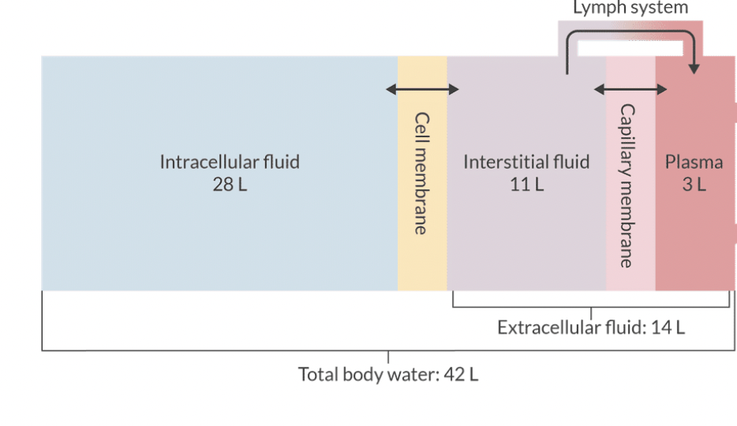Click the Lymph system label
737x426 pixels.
coord(630,9)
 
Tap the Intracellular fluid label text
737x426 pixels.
coord(230,163)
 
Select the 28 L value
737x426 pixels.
coord(230,186)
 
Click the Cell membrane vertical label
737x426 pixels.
coord(422,173)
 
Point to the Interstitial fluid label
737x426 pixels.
coord(526,163)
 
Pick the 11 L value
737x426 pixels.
coord(526,186)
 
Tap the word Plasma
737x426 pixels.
coord(694,163)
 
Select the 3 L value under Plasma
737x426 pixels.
coord(694,186)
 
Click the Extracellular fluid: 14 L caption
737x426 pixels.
coord(591,327)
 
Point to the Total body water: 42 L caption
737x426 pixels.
coord(387,374)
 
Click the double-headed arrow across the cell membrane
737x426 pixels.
coord(422,89)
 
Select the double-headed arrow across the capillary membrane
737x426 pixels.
coord(630,89)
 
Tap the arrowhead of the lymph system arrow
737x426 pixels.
coord(693,69)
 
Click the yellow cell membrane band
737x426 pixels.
coord(422,260)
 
